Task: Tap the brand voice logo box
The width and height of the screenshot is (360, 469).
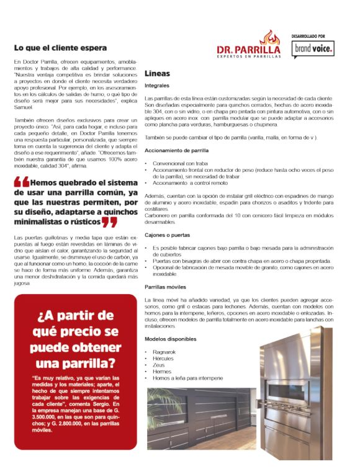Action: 313,48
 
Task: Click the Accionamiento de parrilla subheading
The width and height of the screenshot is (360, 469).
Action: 176,151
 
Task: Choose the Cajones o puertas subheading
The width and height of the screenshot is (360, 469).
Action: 168,236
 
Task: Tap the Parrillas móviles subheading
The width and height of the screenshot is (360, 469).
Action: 166,288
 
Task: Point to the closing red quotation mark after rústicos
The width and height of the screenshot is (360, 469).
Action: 110,222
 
